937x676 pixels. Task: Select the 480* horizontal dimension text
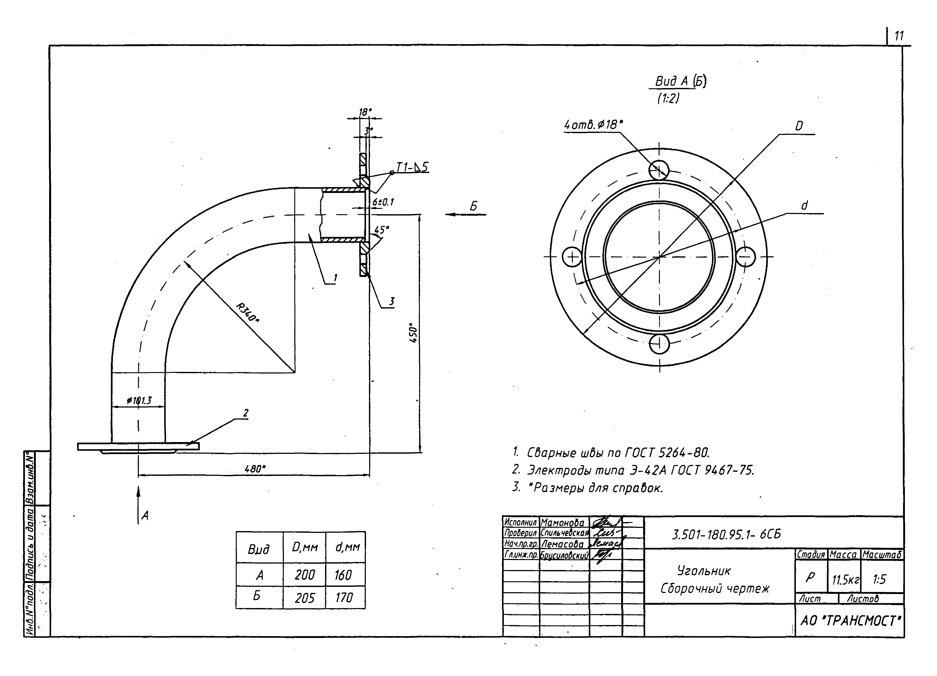pos(255,469)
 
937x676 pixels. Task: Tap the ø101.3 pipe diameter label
pos(139,400)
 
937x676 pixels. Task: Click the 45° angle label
pos(381,230)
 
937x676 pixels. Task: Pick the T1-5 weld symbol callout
pos(412,167)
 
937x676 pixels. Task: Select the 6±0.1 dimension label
pos(383,202)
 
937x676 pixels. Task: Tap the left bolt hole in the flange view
pos(572,257)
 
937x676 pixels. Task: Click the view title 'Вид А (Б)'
pos(680,81)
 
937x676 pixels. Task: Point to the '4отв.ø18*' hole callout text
pos(593,124)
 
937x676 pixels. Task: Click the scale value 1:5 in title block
pos(879,580)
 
